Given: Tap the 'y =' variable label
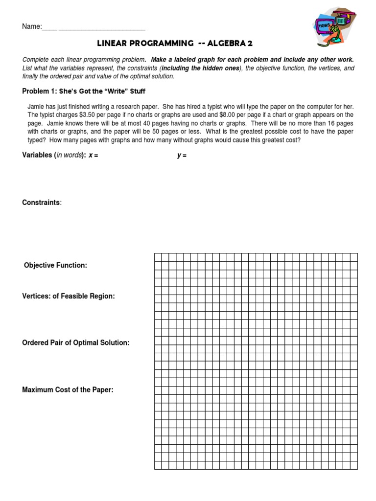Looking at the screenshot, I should pos(182,156).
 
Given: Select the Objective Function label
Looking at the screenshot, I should pos(56,265).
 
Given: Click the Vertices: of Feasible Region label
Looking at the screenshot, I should pos(69,296).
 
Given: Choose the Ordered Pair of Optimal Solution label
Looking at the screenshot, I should pos(76,342).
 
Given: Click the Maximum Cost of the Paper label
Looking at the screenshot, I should pos(68,390).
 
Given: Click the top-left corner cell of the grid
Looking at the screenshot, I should pos(158,257).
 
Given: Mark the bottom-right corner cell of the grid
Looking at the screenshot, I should pos(353,465).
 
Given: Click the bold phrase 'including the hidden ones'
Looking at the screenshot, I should pos(202,68).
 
